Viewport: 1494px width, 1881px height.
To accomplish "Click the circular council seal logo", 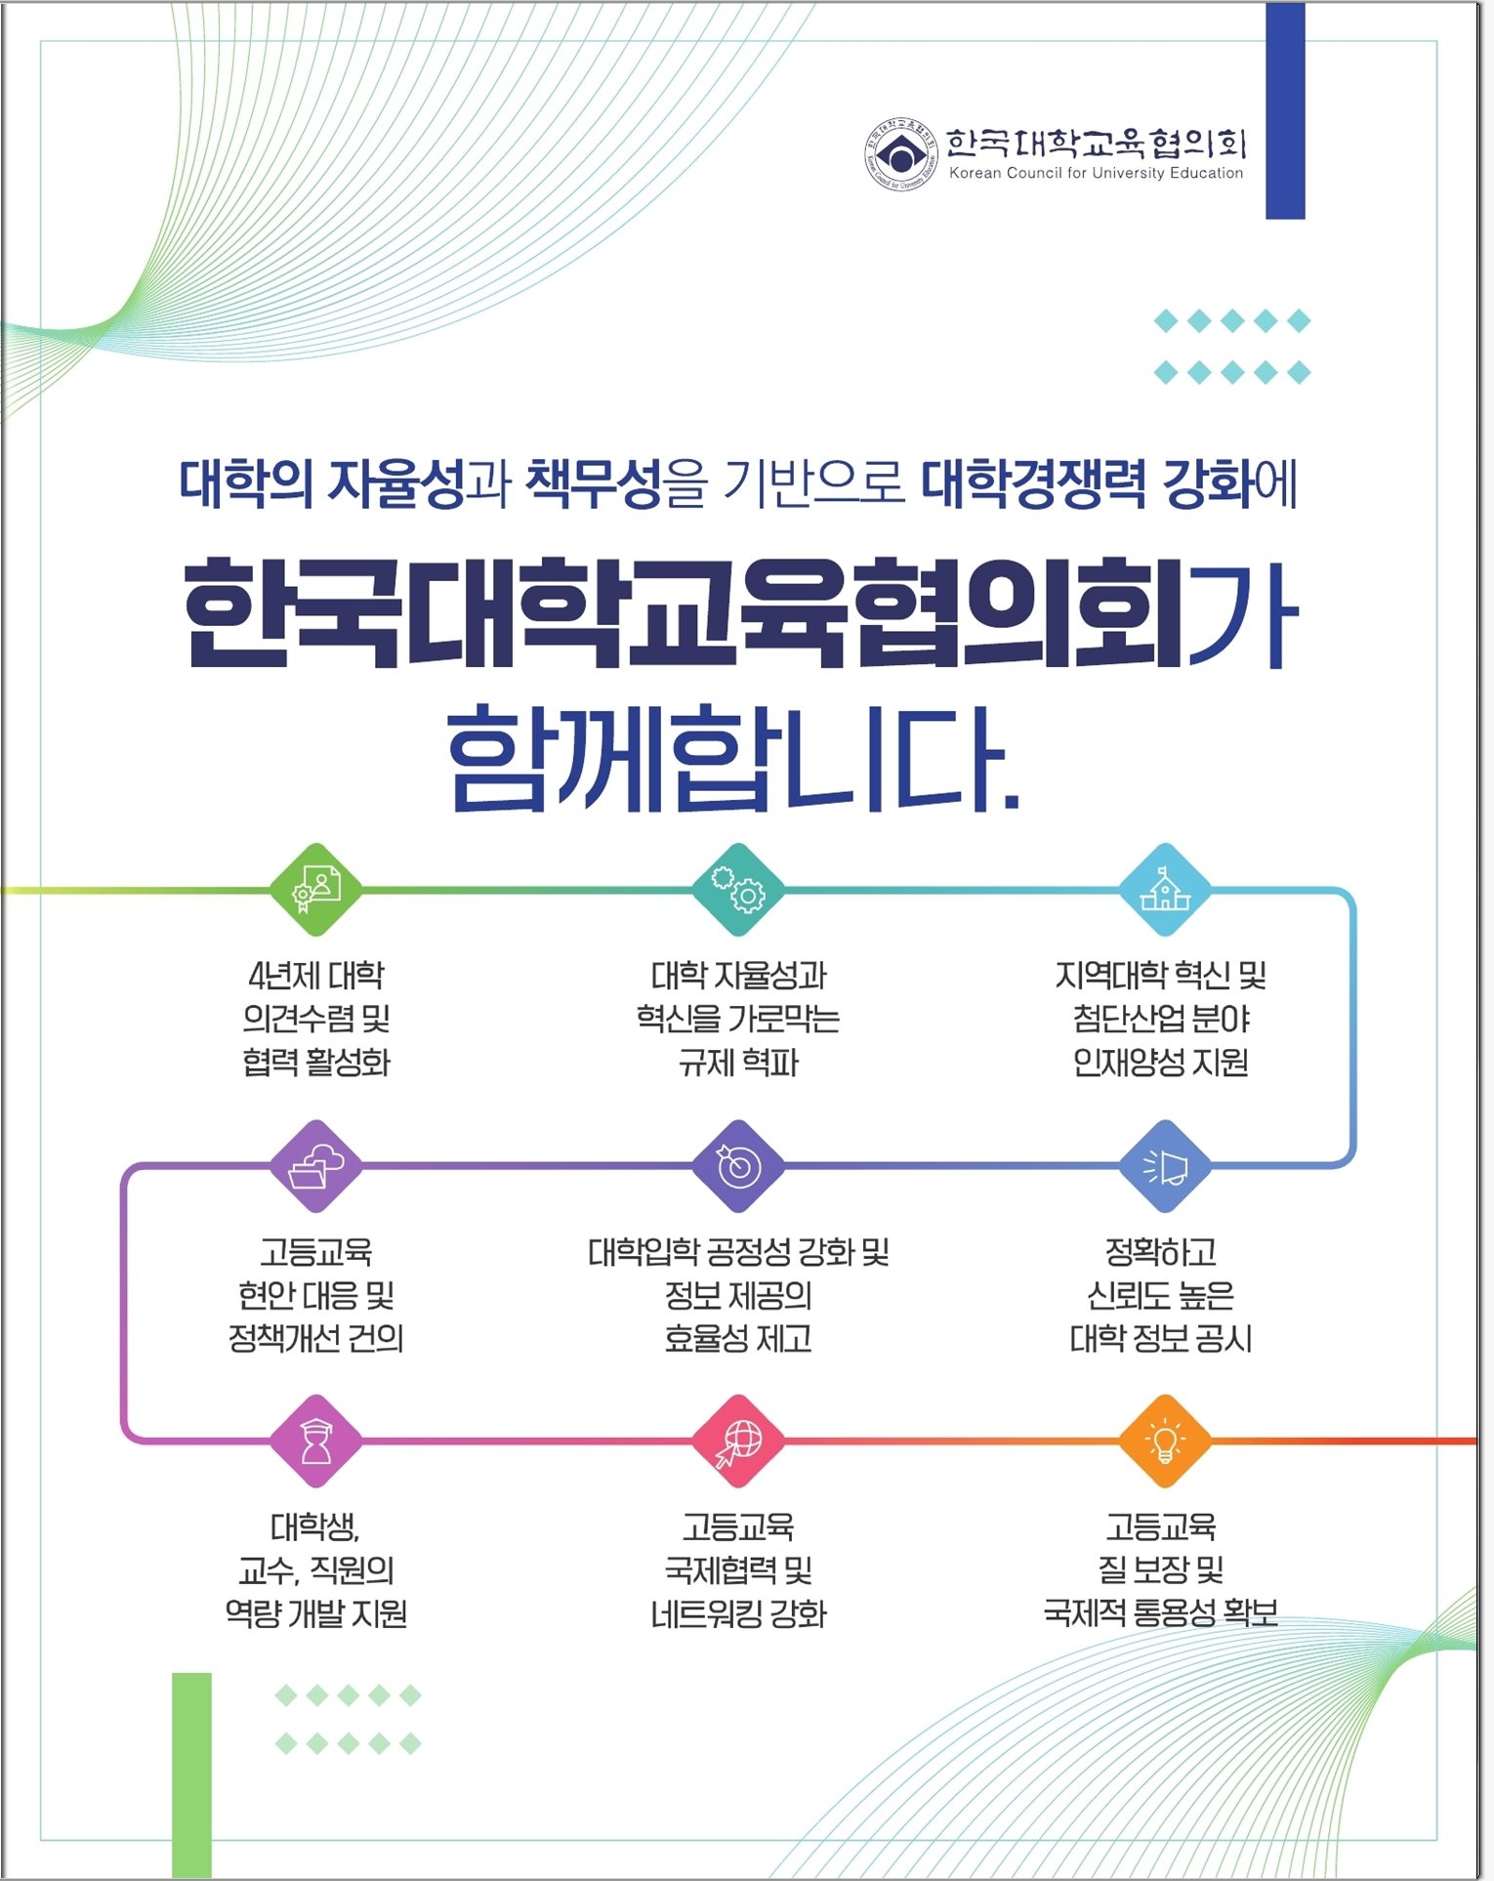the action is (x=900, y=154).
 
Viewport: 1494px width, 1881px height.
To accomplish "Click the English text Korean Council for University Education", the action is (x=1096, y=173).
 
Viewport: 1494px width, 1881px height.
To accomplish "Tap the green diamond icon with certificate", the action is (x=316, y=890).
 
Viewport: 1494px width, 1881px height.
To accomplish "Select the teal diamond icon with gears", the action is (x=738, y=890).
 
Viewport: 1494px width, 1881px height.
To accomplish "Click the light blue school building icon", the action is (x=1164, y=890).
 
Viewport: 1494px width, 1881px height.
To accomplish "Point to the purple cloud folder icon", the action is (x=316, y=1166).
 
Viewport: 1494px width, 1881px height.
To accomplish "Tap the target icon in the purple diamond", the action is (x=738, y=1166).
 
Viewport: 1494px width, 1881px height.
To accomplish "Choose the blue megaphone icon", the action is (x=1164, y=1166).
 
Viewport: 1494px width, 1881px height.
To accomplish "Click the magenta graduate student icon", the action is (x=316, y=1442).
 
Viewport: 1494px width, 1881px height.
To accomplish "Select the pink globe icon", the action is (x=738, y=1442).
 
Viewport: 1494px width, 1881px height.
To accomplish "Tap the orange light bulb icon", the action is (x=1164, y=1442).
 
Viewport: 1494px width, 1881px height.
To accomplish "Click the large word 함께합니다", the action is (x=733, y=759).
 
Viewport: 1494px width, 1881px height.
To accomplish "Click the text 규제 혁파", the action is (x=738, y=1062).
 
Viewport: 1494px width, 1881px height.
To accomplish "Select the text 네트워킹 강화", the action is (x=738, y=1613).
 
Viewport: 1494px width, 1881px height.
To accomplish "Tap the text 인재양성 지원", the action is (x=1161, y=1062).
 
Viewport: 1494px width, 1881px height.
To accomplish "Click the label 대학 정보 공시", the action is (x=1161, y=1338).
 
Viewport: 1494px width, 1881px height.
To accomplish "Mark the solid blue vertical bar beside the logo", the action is (x=1285, y=110).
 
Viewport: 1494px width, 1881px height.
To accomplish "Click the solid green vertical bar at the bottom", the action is (x=191, y=1775).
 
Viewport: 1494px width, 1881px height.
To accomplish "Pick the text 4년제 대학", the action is (x=316, y=975).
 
